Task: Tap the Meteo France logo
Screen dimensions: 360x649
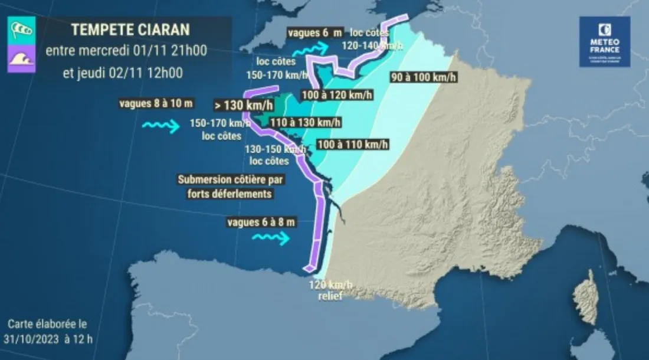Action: [604, 41]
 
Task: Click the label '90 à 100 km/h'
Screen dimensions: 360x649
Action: [418, 77]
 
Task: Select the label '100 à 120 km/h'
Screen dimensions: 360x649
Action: [337, 94]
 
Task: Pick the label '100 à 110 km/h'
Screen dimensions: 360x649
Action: [352, 144]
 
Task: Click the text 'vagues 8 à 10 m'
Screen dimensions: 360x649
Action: [156, 104]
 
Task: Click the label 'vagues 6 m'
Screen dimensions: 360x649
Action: [314, 33]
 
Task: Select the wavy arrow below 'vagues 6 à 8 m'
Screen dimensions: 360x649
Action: [270, 238]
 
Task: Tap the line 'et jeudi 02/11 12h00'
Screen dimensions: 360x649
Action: [122, 73]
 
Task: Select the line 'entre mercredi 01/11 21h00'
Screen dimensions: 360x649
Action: [126, 51]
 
